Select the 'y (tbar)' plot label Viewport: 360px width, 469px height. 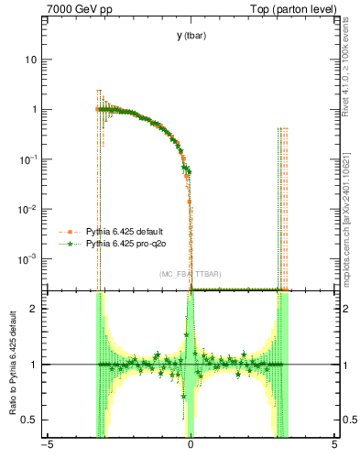click(x=190, y=36)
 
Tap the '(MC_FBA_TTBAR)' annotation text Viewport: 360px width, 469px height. click(x=190, y=275)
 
